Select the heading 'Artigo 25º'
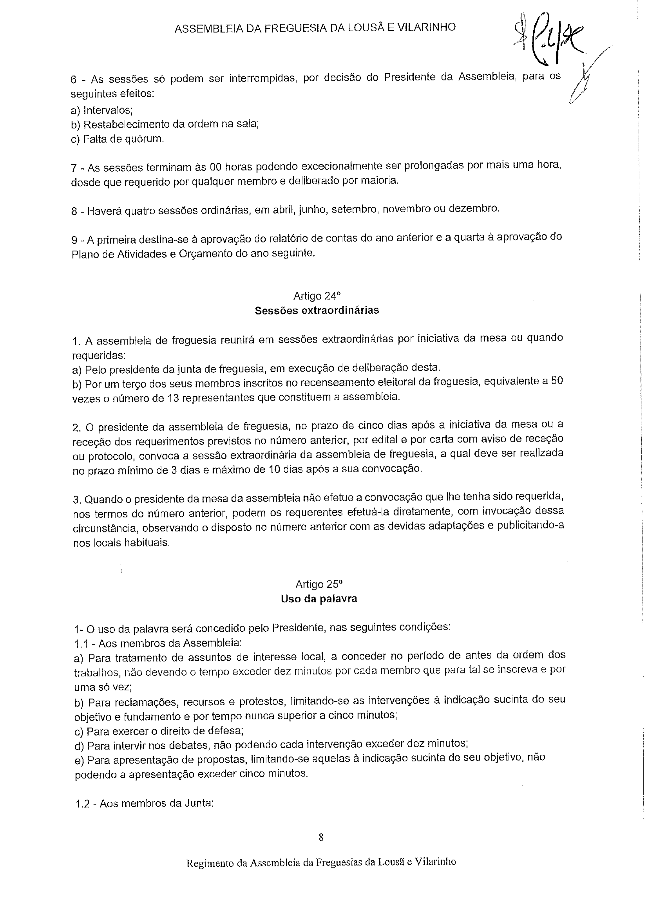coord(319,584)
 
